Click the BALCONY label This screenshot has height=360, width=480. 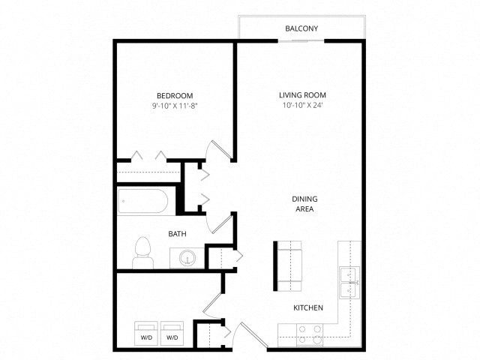pos(301,28)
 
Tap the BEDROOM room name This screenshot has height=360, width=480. pos(175,96)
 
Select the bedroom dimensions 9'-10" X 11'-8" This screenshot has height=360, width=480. pos(175,106)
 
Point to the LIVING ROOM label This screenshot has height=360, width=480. pos(302,95)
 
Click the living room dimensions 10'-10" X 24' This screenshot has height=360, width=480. pos(302,105)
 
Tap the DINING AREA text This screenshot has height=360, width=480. pos(304,204)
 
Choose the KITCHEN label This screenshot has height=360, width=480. pos(308,307)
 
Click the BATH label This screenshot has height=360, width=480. pos(177,234)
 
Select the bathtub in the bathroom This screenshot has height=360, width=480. pos(143,201)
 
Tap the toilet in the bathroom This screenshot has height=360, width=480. pos(143,253)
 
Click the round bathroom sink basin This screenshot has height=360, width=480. pos(187,258)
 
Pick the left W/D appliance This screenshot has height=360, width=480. pos(146,333)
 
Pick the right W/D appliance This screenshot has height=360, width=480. pos(172,333)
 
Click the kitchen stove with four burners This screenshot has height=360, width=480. pos(310,334)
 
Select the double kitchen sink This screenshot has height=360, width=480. pos(349,283)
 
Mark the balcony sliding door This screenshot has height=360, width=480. pos(301,40)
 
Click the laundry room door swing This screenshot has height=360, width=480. pos(211,305)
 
